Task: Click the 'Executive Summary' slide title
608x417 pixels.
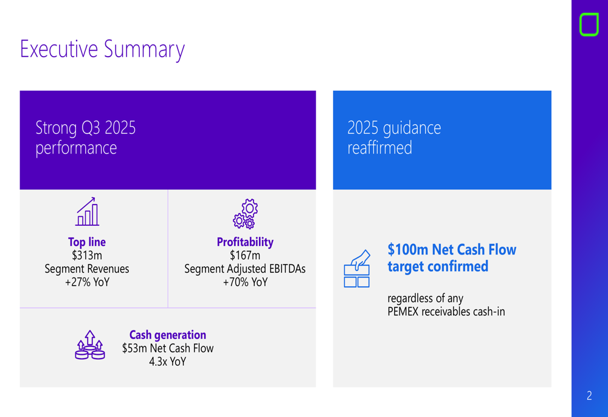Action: [102, 49]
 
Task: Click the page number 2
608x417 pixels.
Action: [589, 396]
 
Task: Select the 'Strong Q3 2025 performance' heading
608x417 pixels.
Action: [85, 138]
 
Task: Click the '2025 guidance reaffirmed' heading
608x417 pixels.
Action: [394, 138]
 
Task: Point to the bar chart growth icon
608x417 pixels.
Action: [88, 211]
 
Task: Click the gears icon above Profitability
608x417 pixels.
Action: [245, 214]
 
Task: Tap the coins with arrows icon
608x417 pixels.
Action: [90, 345]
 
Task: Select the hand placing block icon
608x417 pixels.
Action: [357, 268]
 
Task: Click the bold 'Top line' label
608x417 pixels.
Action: [87, 242]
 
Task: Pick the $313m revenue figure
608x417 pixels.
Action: [87, 255]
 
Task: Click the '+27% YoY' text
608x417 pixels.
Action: [87, 282]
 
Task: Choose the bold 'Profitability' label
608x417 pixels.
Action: [245, 242]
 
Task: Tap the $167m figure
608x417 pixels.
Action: [245, 255]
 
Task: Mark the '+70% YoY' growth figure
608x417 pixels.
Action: [245, 282]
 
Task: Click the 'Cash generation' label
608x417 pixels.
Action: [168, 335]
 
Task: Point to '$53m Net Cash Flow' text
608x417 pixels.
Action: [168, 348]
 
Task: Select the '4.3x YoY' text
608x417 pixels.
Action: [168, 362]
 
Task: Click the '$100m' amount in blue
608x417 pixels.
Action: [408, 250]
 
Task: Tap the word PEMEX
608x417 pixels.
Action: [406, 312]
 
